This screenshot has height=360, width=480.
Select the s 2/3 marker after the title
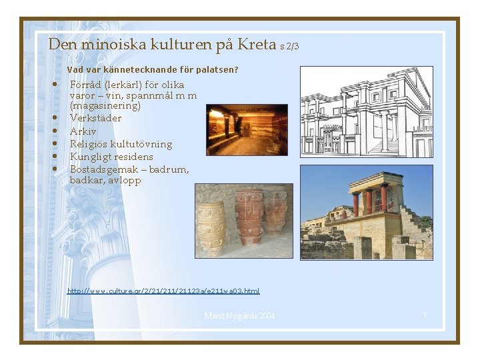290,47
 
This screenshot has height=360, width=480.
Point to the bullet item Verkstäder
96,118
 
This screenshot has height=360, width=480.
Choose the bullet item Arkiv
83,131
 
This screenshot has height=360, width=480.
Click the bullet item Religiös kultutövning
121,144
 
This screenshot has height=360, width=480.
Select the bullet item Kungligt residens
111,157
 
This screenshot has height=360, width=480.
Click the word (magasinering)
105,105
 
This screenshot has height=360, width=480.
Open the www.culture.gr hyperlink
163,291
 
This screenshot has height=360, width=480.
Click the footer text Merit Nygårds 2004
239,315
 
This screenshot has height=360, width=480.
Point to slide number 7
424,315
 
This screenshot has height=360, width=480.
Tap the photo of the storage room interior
247,130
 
